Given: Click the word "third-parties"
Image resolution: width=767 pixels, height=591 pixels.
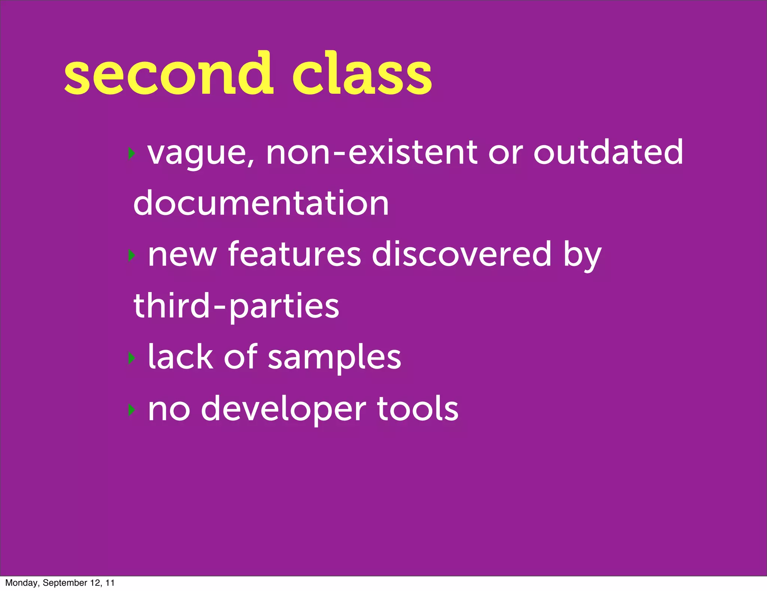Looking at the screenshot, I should click(236, 306).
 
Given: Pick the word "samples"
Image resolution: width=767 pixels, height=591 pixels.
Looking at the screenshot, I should click(334, 358).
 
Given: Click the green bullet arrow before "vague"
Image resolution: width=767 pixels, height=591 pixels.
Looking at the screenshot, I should click(131, 153).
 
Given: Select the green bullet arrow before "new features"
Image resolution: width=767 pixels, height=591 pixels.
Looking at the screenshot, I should click(131, 256).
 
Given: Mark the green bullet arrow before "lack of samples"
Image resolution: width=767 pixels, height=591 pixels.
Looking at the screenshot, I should click(131, 358).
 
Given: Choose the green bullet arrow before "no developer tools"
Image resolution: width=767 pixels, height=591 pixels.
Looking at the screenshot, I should click(131, 409).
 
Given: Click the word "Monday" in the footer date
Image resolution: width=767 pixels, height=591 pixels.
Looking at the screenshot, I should click(21, 583).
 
